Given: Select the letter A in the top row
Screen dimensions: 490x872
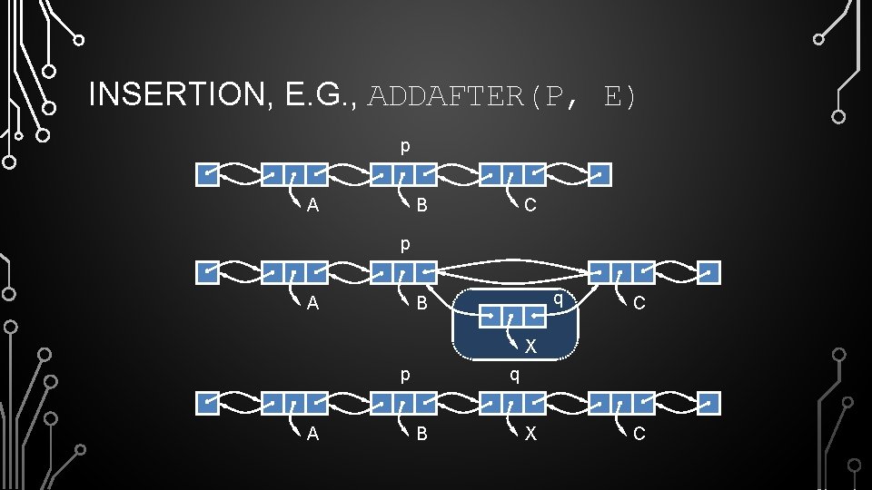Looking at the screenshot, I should [x=312, y=205].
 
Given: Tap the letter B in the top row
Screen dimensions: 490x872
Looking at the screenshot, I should [x=421, y=205].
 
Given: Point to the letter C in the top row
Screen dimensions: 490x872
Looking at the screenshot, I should [x=530, y=205].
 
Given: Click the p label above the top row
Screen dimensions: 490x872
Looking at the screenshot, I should [x=405, y=145].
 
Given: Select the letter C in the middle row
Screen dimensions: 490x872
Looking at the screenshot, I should [x=639, y=303].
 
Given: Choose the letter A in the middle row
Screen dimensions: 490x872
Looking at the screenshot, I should [x=312, y=303].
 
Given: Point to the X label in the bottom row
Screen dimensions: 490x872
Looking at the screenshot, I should [x=530, y=434].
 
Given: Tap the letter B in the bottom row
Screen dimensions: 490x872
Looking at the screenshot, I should [x=421, y=434].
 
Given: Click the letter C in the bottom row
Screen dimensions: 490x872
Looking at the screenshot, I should [x=639, y=434].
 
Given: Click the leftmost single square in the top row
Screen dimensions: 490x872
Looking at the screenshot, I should [x=209, y=174].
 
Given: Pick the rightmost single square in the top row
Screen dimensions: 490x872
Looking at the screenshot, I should [x=599, y=174].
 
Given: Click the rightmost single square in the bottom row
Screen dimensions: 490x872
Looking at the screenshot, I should [x=708, y=403].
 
